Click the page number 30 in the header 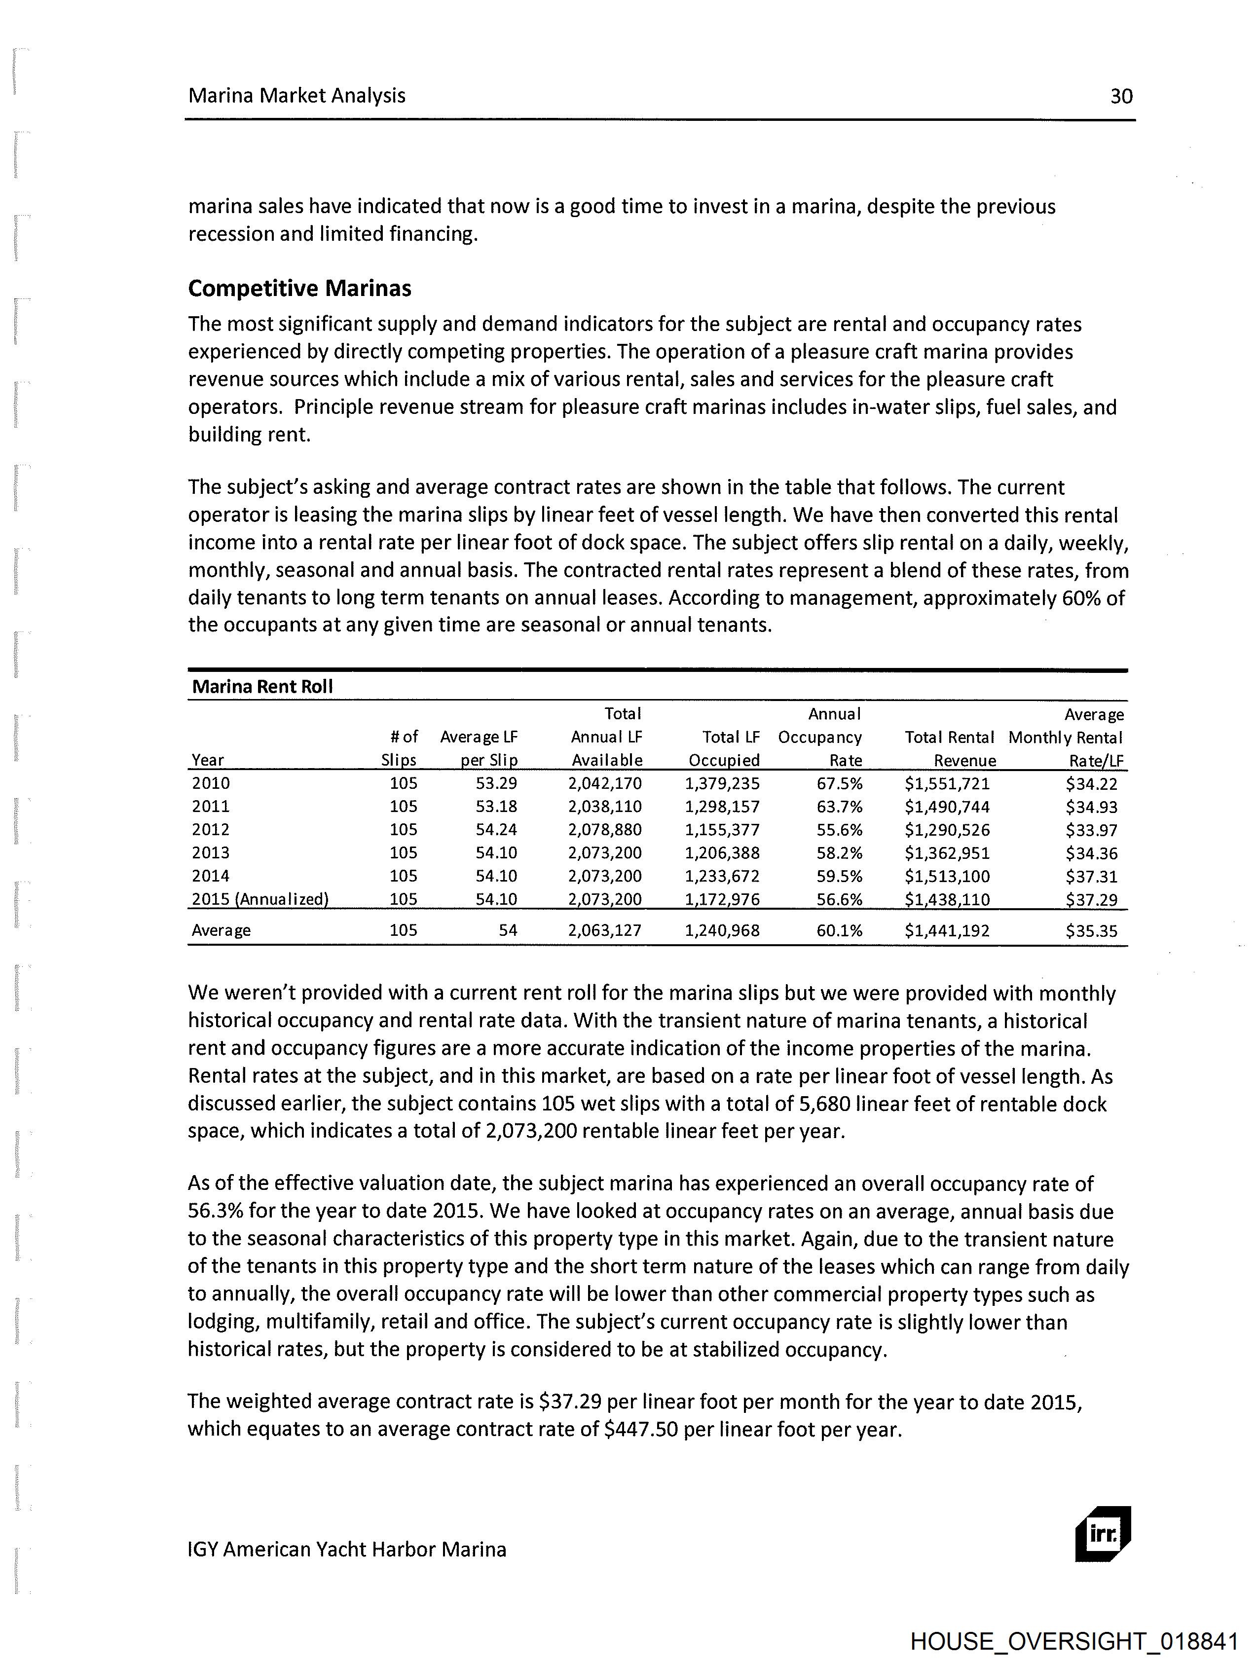point(1120,96)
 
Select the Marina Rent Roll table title point(262,686)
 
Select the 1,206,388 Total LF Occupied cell point(722,853)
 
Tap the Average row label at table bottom point(221,930)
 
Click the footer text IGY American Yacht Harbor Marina point(346,1550)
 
